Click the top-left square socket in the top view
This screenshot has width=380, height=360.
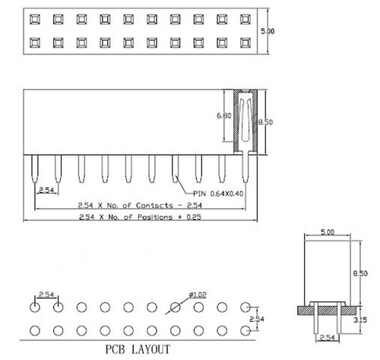pyautogui.click(x=35, y=18)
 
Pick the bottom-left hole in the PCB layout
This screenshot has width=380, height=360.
pyautogui.click(x=35, y=330)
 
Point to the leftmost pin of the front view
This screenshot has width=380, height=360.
pyautogui.click(x=35, y=172)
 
